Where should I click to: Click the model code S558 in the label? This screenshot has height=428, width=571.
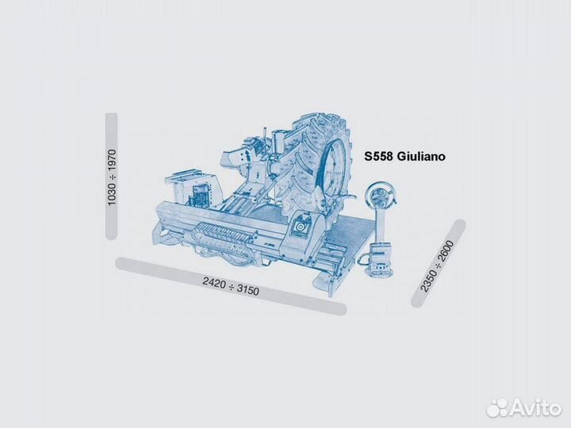380,157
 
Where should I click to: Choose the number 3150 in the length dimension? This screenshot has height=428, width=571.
249,290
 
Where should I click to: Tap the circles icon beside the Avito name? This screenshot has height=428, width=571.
497,407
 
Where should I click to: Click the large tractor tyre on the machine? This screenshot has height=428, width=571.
317,159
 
